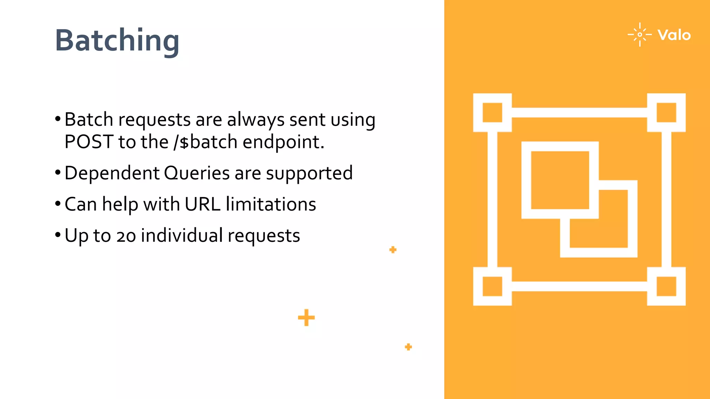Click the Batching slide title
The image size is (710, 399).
point(117,41)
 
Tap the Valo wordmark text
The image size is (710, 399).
point(674,35)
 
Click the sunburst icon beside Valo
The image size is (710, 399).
point(640,35)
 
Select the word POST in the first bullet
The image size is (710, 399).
point(89,142)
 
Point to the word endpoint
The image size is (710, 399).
point(283,142)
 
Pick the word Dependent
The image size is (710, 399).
point(112,173)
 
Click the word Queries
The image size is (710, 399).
point(197,173)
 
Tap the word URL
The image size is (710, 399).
point(202,204)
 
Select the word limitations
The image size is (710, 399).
point(271,204)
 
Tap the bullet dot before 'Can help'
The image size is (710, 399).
point(58,204)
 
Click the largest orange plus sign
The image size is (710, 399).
point(306,318)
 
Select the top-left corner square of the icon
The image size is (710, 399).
point(492,113)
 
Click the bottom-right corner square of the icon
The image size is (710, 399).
point(666,286)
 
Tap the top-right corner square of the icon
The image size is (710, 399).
point(666,113)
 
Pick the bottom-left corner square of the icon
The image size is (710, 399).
point(492,286)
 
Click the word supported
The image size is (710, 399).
point(309,173)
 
